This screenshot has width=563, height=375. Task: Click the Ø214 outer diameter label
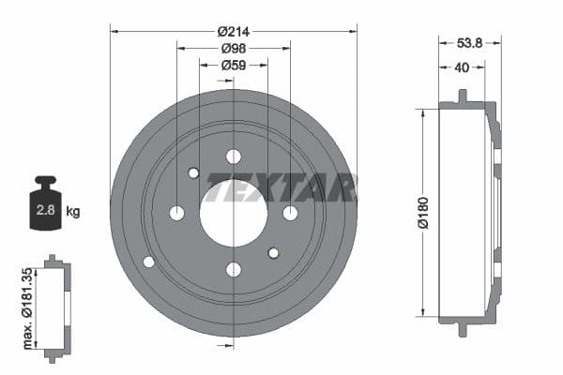pyautogui.click(x=234, y=30)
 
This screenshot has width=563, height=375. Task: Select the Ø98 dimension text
pyautogui.click(x=234, y=48)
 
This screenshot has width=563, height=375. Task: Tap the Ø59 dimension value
pyautogui.click(x=234, y=66)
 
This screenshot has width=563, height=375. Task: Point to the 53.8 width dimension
pyautogui.click(x=470, y=41)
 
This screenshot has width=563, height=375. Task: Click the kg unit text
pyautogui.click(x=73, y=211)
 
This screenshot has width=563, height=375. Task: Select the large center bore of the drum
pyautogui.click(x=234, y=214)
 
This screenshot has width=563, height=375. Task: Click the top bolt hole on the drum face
pyautogui.click(x=234, y=157)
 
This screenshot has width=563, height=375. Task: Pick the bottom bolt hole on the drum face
pyautogui.click(x=234, y=270)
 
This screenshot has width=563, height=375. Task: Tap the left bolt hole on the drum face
pyautogui.click(x=176, y=213)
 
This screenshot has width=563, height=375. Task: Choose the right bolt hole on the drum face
pyautogui.click(x=290, y=213)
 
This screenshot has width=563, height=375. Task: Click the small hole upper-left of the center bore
pyautogui.click(x=193, y=172)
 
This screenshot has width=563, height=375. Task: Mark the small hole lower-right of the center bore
pyautogui.click(x=273, y=253)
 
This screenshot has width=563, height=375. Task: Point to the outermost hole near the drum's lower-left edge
pyautogui.click(x=148, y=262)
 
